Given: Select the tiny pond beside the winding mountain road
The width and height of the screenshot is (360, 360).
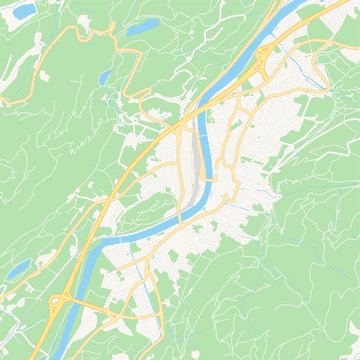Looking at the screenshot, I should tap(104, 77).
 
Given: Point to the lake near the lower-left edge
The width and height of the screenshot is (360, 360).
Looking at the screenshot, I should tap(18, 269).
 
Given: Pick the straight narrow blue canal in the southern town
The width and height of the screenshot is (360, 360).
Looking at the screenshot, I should tap(152, 300).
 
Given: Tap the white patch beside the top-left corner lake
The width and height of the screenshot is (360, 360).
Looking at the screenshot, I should tap(38, 40).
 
